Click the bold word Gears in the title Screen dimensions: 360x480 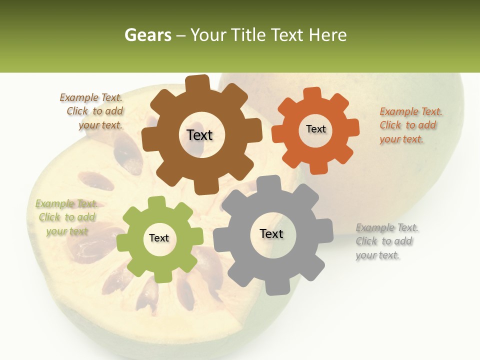[x=147, y=35]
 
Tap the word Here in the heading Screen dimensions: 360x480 [x=328, y=35]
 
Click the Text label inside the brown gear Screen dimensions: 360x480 [x=199, y=135]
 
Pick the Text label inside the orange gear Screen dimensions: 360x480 [x=315, y=129]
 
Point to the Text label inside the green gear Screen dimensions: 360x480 [x=159, y=238]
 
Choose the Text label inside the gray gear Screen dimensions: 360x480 [x=271, y=233]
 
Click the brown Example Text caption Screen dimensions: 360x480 [x=91, y=111]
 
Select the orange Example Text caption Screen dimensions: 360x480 [x=410, y=125]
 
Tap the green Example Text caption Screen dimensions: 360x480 [x=66, y=217]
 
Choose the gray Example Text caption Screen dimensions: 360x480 [x=387, y=241]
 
